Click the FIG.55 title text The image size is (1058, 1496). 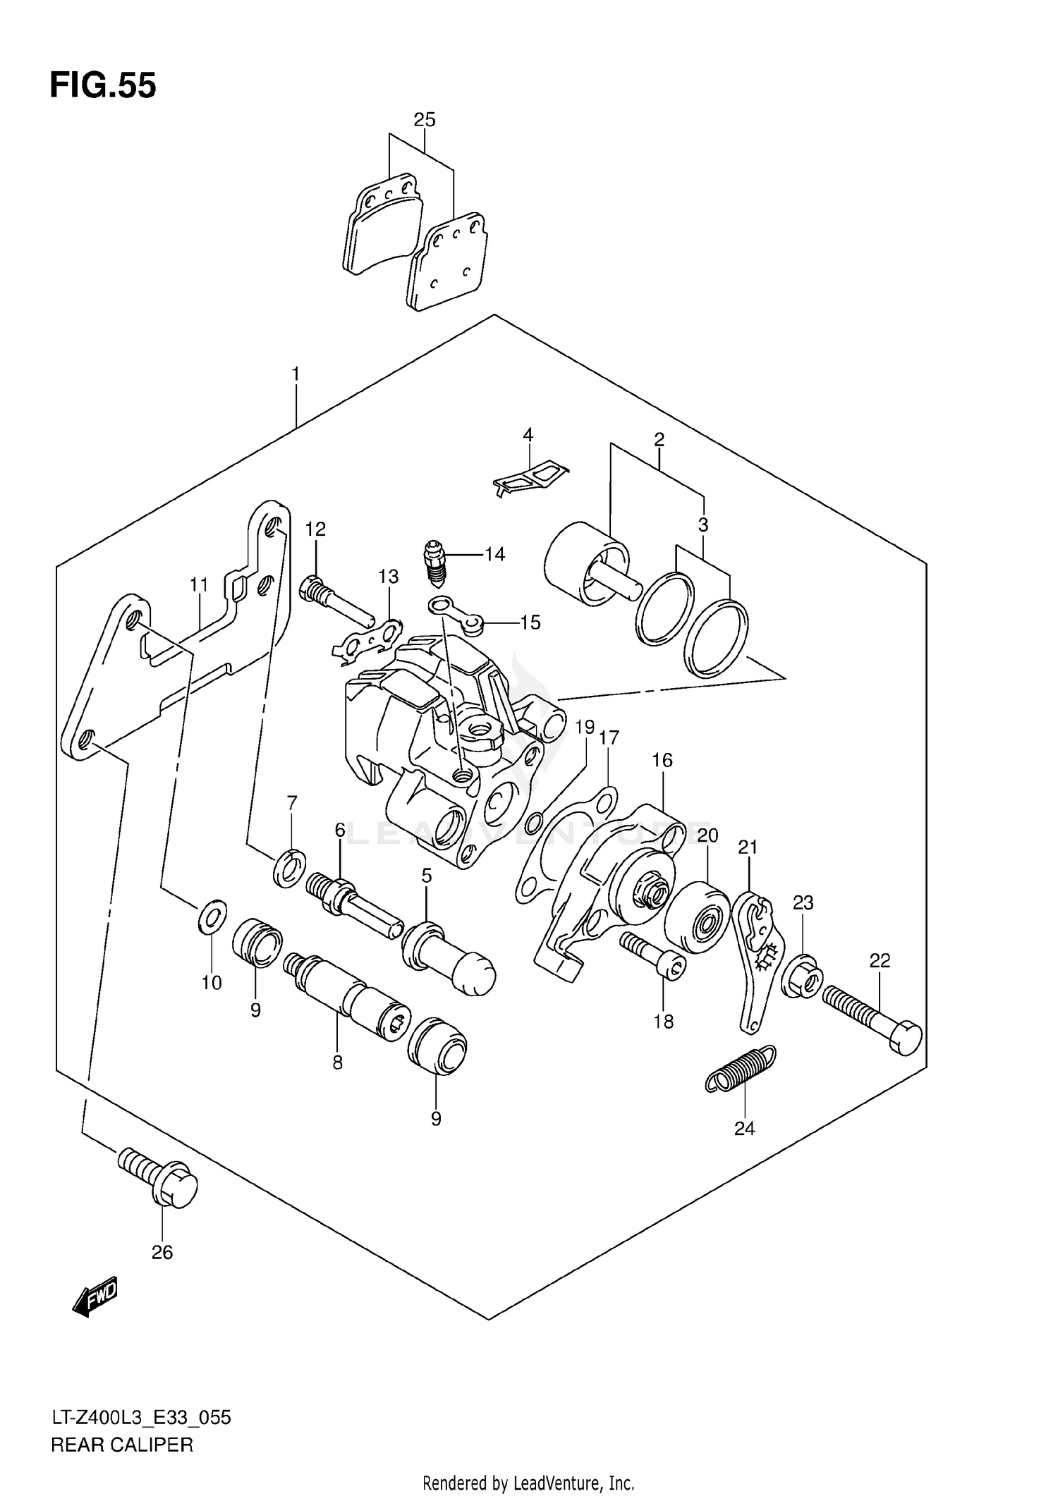[x=103, y=86]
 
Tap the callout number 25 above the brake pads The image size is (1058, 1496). [x=424, y=120]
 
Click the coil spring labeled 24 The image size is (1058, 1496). [x=741, y=1078]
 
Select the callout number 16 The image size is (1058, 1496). [x=662, y=760]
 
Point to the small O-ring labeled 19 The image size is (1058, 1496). [x=534, y=822]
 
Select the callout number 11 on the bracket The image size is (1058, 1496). [x=199, y=584]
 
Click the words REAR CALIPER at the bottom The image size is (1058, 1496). [x=121, y=1445]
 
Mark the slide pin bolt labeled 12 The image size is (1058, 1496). [x=336, y=599]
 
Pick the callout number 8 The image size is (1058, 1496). [x=337, y=1062]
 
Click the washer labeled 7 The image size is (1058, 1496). [x=288, y=866]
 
